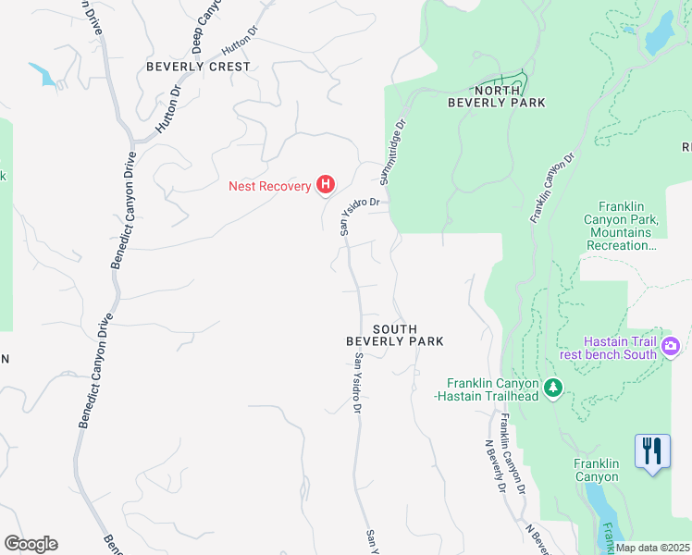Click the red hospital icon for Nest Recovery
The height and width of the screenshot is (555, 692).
(325, 186)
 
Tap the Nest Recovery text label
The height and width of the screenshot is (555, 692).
(270, 186)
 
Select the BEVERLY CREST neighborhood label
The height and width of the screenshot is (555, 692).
(198, 67)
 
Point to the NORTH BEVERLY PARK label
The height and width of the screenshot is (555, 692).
(496, 96)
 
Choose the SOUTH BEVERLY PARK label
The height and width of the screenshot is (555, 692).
(395, 335)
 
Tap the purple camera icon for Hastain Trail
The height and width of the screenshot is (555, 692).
(671, 348)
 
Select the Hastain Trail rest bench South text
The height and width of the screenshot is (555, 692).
(620, 348)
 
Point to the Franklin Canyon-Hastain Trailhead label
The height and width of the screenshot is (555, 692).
(493, 389)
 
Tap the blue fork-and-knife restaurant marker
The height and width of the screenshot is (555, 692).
(652, 451)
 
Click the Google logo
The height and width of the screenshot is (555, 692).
(31, 544)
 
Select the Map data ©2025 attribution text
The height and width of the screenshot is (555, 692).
(652, 548)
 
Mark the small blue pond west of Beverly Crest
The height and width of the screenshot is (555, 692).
(43, 74)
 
